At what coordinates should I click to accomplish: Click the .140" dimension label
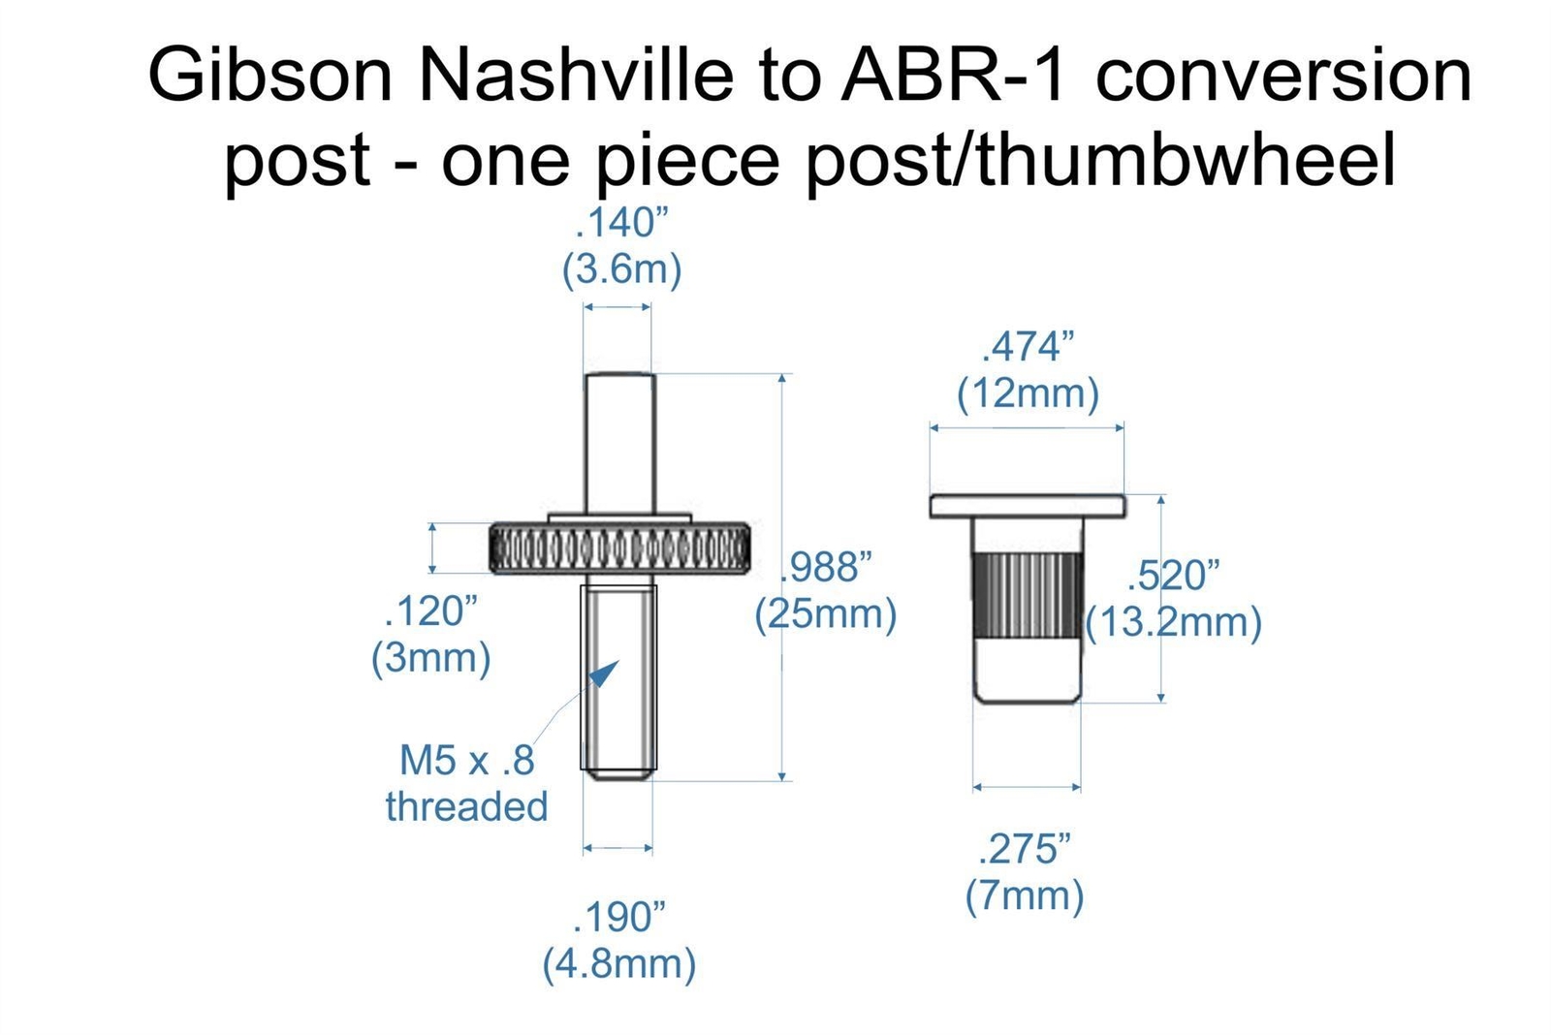coord(621,223)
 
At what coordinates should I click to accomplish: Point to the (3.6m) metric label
coord(621,269)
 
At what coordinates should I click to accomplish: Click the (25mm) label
coord(825,614)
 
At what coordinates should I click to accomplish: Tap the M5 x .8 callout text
coord(466,760)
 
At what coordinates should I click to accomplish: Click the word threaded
coord(466,806)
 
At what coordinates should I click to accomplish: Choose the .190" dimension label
coord(619,917)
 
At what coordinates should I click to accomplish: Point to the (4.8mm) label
coord(619,963)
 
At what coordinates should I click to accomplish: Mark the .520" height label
coord(1173,575)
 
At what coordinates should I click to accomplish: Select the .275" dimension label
coord(1024,849)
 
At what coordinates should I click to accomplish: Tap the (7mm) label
coord(1024,895)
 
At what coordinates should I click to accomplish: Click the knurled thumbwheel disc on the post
coord(619,549)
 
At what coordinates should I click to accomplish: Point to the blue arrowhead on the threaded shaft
coord(605,673)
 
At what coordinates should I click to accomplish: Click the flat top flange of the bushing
coord(1028,506)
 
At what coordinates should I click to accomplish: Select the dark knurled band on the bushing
coord(1028,595)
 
